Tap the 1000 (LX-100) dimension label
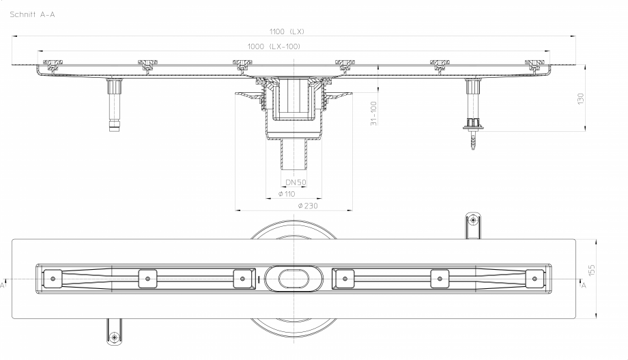pyautogui.click(x=274, y=46)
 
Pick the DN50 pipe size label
pyautogui.click(x=295, y=182)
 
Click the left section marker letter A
pyautogui.click(x=3, y=286)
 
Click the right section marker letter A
pyautogui.click(x=584, y=286)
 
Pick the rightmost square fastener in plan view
pyautogui.click(x=536, y=279)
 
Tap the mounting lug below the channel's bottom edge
pyautogui.click(x=113, y=331)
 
